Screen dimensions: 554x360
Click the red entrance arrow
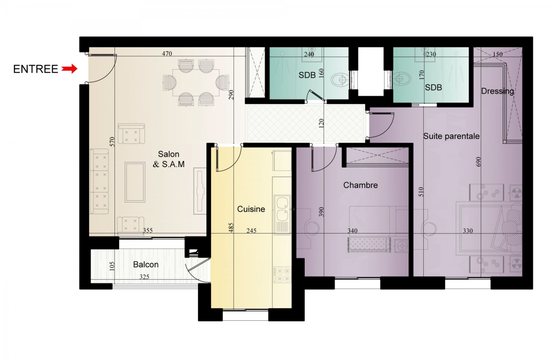70,69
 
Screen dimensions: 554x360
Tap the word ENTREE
36,69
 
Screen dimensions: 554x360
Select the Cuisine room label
251,209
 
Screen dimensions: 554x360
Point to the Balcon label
146,264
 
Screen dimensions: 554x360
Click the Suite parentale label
452,136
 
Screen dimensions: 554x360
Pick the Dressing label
497,91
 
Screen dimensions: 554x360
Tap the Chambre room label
361,185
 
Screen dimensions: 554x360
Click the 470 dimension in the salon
167,54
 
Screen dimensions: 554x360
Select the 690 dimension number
478,162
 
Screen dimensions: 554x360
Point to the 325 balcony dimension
144,277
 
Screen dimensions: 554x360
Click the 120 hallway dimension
321,123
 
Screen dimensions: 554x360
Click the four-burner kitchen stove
282,275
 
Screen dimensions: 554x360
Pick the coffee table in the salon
135,182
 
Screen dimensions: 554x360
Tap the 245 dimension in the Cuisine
251,231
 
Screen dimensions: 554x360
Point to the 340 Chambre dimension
352,231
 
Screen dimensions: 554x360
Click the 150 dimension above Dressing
498,54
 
